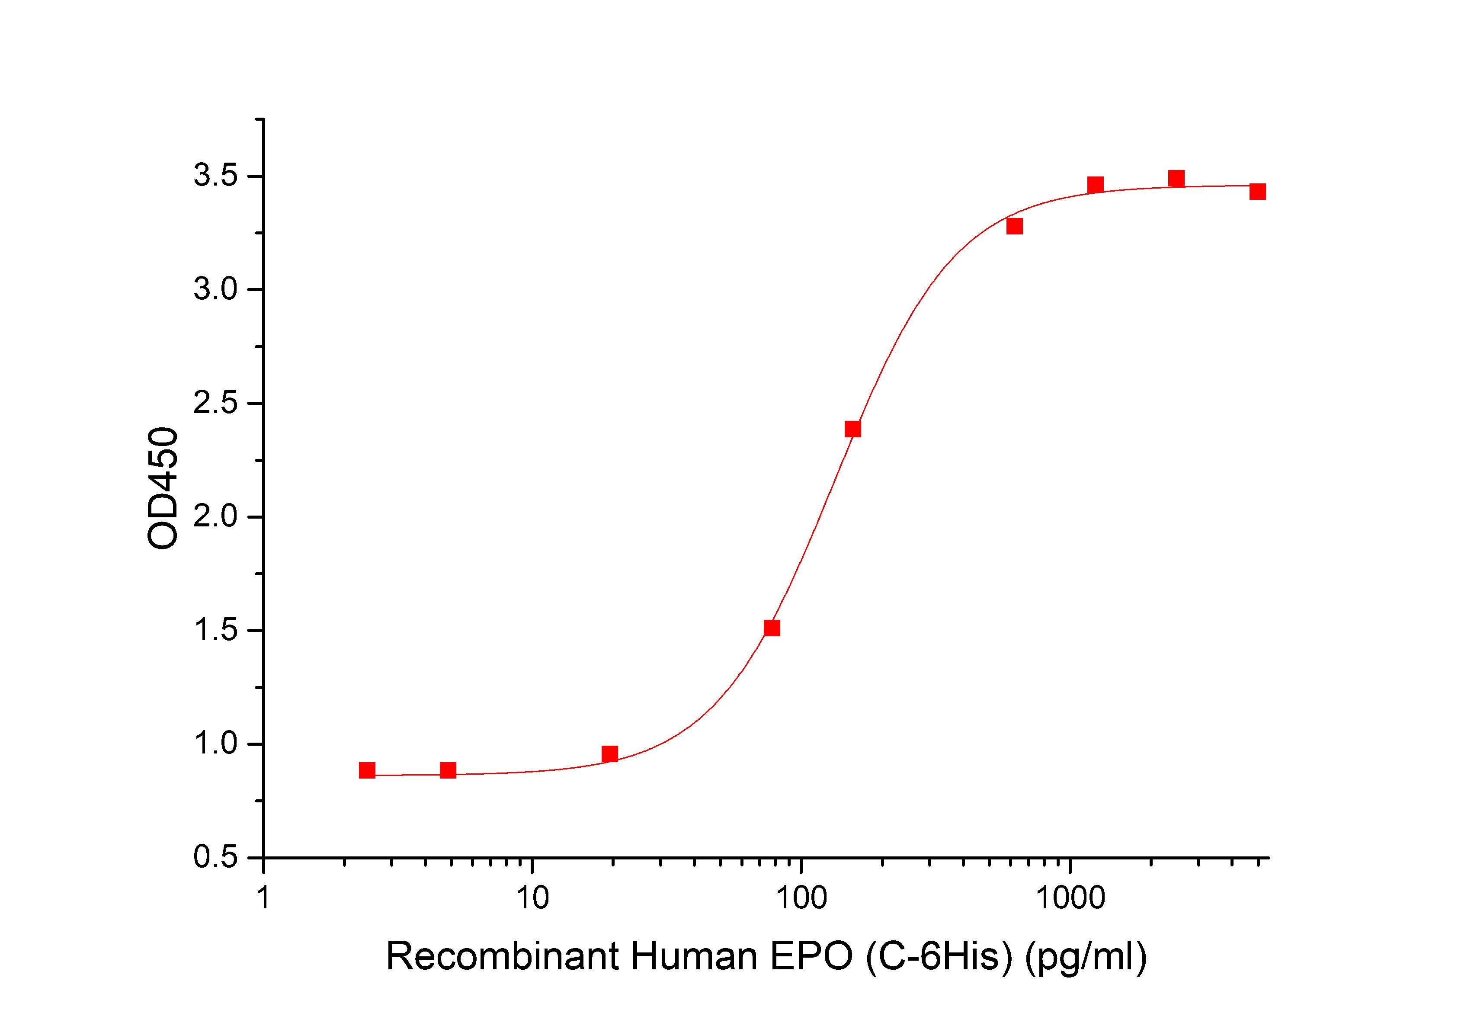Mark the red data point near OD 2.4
tap(852, 429)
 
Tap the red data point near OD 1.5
tap(772, 628)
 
